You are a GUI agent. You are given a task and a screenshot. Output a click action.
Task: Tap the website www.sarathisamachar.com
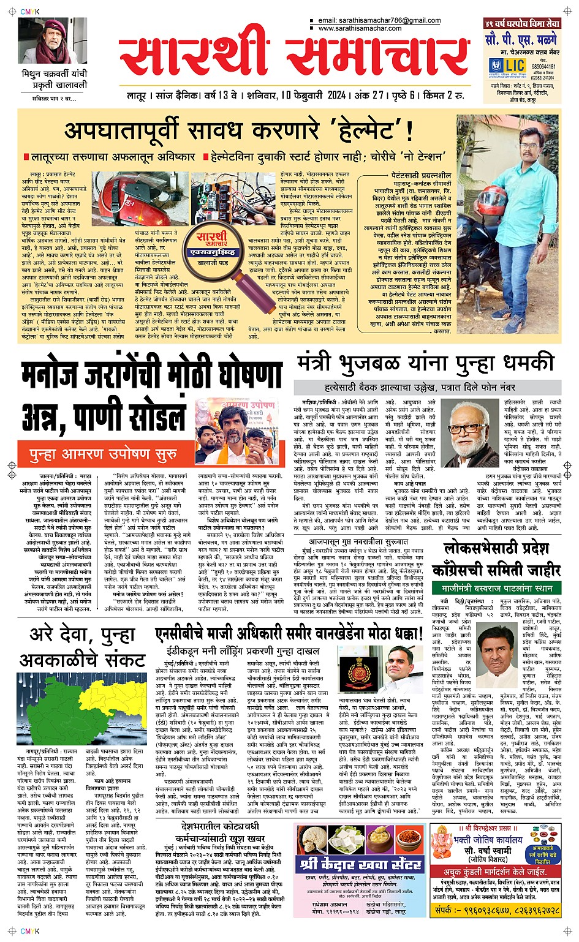click(360, 28)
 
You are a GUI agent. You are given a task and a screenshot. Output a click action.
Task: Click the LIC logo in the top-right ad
click(510, 66)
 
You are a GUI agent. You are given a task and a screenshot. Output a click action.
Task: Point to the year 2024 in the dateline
click(336, 96)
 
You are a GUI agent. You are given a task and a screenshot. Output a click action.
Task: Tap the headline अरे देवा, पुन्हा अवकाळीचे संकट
click(82, 648)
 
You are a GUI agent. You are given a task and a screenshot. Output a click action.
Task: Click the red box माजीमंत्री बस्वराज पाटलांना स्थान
click(496, 589)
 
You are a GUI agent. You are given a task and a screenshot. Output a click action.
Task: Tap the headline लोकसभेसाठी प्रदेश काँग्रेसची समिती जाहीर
click(496, 559)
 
